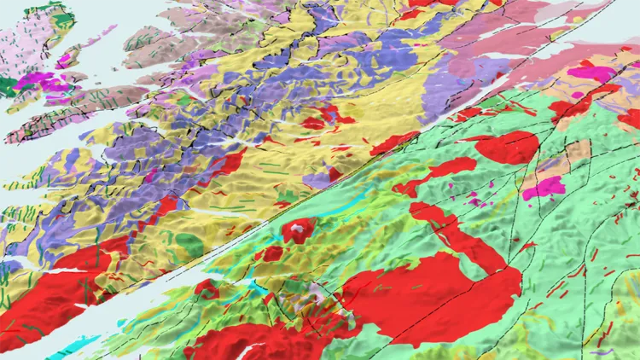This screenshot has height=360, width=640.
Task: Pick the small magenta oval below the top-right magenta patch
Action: tap(611, 96)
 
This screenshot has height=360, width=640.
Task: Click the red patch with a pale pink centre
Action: tap(299, 229)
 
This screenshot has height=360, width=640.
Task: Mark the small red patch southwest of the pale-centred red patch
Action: tap(272, 253)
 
